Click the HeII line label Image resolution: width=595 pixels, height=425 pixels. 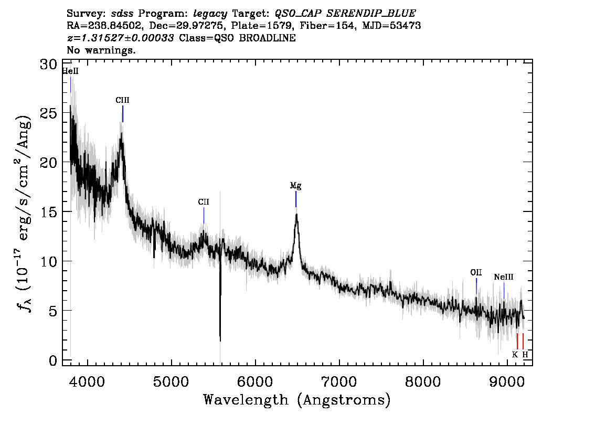[70, 71]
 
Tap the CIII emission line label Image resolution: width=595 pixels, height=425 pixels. [123, 100]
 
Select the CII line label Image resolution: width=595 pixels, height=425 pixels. [204, 202]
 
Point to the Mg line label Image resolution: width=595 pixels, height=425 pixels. [295, 186]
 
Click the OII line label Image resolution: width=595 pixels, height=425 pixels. [476, 272]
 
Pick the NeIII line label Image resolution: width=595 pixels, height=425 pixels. [504, 277]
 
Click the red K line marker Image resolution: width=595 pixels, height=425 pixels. [517, 341]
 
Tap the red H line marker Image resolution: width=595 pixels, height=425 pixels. [523, 341]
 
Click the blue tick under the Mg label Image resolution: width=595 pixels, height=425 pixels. [296, 199]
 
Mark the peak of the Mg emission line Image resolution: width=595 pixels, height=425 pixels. [296, 215]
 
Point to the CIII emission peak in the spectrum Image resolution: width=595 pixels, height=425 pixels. [121, 133]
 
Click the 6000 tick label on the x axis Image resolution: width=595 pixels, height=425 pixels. [255, 381]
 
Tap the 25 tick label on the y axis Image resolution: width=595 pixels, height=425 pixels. [49, 113]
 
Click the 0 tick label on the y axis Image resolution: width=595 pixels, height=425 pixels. [53, 360]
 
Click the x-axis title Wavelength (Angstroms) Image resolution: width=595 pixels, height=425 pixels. [297, 400]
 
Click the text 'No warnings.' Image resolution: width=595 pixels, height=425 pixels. [101, 50]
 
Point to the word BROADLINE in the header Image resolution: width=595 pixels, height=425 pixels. [267, 38]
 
